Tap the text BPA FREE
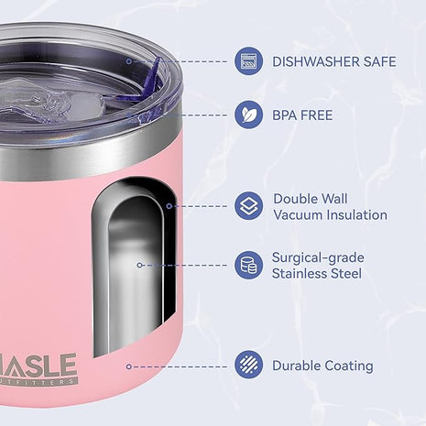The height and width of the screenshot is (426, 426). [x=302, y=115]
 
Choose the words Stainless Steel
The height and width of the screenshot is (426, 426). [x=317, y=274]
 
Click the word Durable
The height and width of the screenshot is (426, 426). [x=296, y=366]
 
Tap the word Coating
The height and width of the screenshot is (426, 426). [x=348, y=366]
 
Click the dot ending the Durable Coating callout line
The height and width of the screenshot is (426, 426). [x=127, y=366]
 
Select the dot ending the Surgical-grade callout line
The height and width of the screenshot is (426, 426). [x=139, y=266]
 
